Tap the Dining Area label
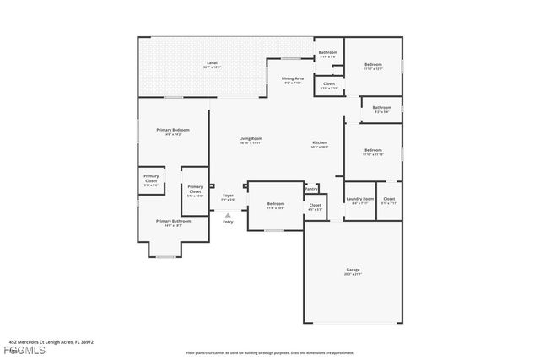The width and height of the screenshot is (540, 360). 293,78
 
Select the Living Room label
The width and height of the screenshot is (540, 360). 251,138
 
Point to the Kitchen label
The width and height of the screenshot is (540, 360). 321,143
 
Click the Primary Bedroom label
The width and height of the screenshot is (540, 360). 172,130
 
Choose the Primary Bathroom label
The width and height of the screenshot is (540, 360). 172,221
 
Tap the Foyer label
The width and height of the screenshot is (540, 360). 228,196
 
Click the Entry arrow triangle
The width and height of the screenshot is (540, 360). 228,215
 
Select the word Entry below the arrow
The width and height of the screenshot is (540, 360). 228,222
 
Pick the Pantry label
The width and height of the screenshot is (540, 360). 310,190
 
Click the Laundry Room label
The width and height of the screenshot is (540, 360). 359,199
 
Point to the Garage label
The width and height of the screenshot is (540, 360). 353,270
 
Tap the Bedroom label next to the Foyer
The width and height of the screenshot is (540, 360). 276,204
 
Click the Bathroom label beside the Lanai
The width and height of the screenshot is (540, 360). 327,54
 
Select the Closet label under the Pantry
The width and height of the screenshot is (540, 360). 315,205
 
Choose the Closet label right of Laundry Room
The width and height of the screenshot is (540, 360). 389,199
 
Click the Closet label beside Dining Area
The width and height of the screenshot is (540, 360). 328,84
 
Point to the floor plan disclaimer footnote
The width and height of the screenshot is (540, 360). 270,352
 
